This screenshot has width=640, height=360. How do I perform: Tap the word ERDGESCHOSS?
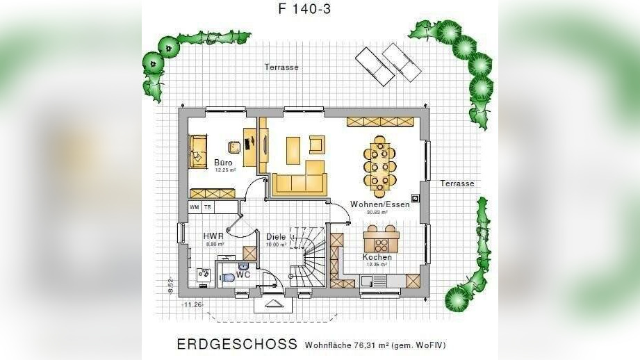[x=237, y=344]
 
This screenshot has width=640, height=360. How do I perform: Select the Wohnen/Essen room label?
[x=379, y=204]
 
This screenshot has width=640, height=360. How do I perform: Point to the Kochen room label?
[x=377, y=257]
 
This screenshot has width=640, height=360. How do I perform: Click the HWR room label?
[x=213, y=236]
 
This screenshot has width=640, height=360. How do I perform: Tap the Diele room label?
[x=276, y=237]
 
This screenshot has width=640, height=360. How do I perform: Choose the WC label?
[x=243, y=275]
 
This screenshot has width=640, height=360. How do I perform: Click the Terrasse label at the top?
[x=281, y=67]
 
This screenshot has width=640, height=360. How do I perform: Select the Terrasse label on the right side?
[x=457, y=183]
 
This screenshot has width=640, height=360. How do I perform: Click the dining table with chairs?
[x=379, y=166]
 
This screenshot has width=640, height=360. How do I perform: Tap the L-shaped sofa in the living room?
[x=300, y=179]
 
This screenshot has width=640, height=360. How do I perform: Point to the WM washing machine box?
[x=195, y=207]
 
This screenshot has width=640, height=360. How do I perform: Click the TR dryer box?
[x=208, y=207]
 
